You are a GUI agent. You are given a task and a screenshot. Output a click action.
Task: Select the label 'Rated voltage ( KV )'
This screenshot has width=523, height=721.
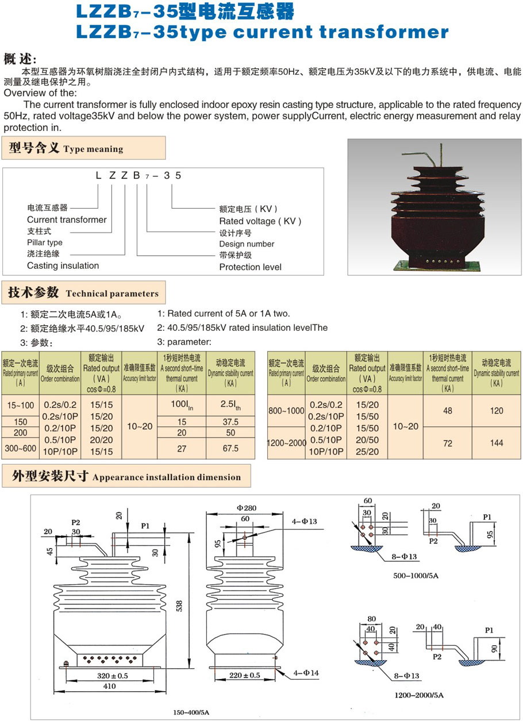tap(260, 221)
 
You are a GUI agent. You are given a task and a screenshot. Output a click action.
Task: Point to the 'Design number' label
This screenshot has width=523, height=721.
tap(247, 244)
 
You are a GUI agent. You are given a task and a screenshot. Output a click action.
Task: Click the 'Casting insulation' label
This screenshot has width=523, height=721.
tap(63, 265)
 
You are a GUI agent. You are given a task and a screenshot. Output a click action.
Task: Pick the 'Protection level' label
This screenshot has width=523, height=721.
tap(251, 267)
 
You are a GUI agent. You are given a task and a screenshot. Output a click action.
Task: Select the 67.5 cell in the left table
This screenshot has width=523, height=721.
tap(230, 448)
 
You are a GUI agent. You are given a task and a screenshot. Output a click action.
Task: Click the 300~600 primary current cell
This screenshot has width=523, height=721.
tap(21, 448)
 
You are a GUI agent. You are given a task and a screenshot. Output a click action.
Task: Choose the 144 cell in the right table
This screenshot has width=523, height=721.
tap(497, 442)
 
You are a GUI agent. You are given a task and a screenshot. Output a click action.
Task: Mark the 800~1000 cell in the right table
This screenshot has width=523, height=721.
tap(286, 411)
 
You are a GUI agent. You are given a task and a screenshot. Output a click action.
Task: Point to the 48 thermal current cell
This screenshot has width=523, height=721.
tap(448, 411)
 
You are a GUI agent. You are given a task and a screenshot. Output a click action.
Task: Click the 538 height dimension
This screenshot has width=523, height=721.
tap(179, 605)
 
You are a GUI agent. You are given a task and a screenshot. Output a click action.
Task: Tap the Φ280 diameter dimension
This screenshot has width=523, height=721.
tap(246, 508)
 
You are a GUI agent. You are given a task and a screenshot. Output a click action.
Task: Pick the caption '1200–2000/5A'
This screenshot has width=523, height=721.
tap(419, 695)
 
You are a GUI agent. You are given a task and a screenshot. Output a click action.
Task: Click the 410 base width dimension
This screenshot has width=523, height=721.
tap(109, 686)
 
